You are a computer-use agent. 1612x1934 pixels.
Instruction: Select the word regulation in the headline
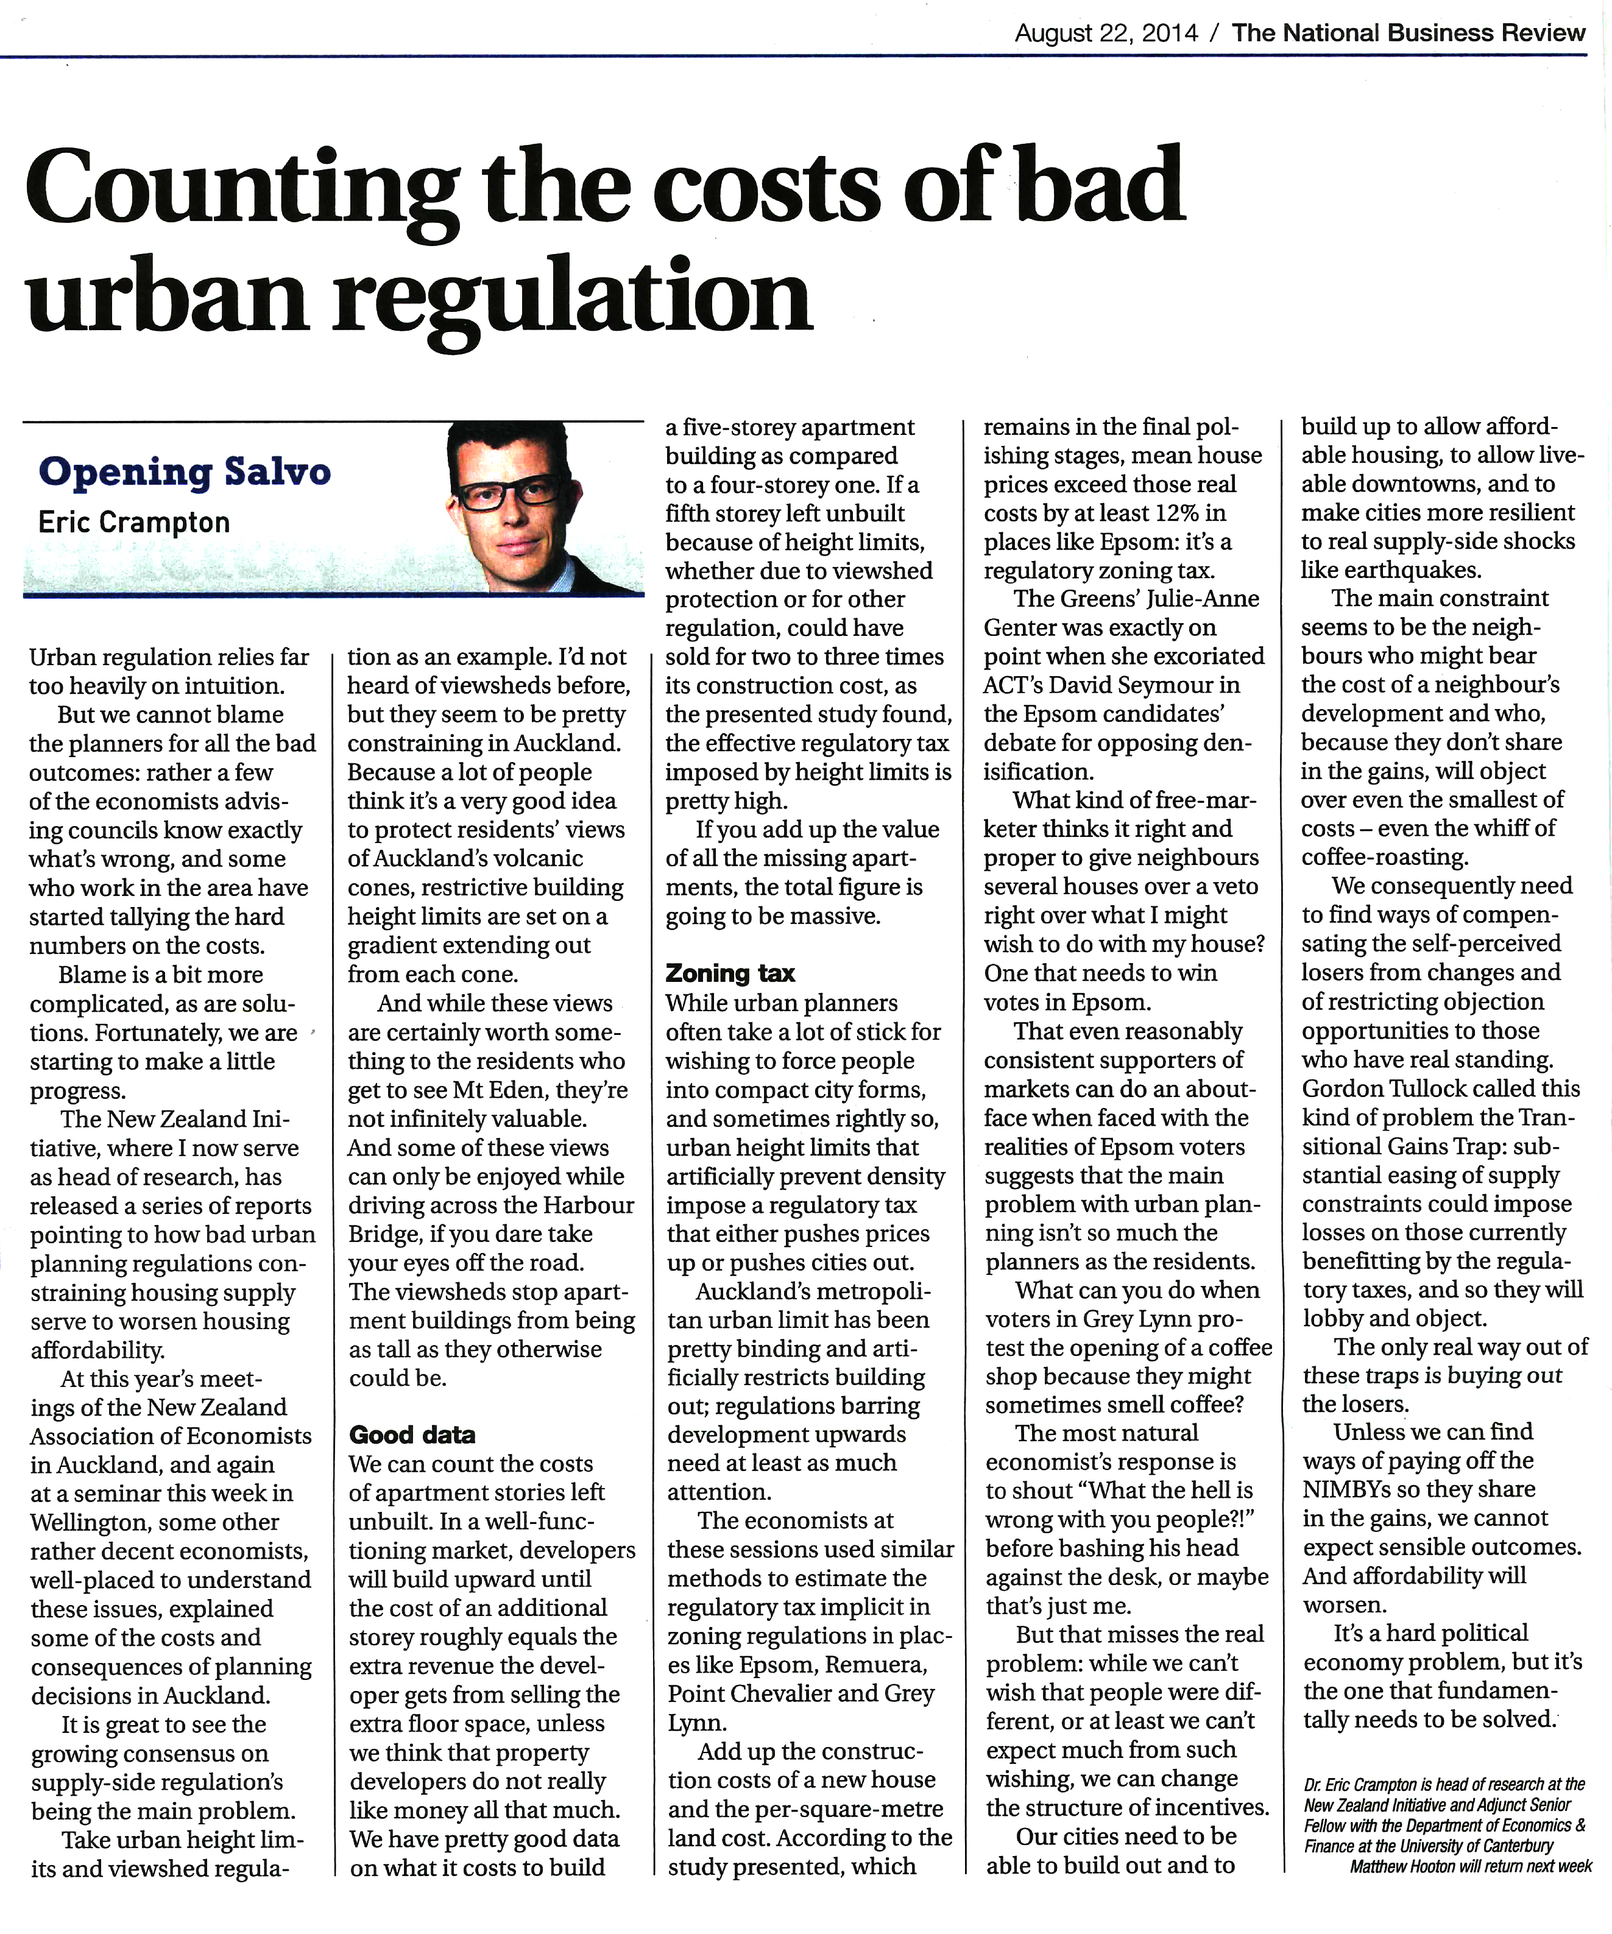click(571, 299)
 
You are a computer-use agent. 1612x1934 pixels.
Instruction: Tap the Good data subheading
click(412, 1434)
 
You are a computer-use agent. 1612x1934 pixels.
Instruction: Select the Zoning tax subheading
click(730, 973)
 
